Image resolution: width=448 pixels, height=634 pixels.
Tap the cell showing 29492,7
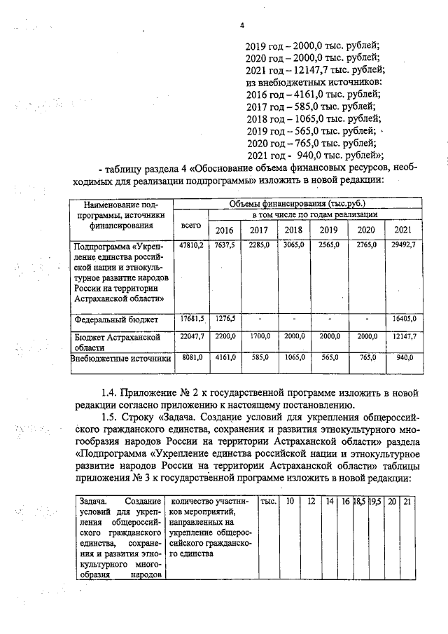[x=403, y=245]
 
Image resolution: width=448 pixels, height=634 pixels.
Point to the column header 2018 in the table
[x=293, y=230]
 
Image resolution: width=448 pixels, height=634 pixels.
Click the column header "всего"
[x=191, y=226]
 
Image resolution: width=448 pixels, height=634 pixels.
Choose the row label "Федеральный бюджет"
[x=116, y=319]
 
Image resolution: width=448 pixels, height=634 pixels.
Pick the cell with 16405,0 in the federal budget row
[x=403, y=319]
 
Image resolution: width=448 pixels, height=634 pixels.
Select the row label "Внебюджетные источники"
[x=121, y=358]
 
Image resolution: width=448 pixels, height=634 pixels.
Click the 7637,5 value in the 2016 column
[x=225, y=245]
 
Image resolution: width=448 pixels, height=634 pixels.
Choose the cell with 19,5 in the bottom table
[x=374, y=502]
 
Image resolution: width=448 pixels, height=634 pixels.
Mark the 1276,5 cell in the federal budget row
[x=225, y=319]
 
